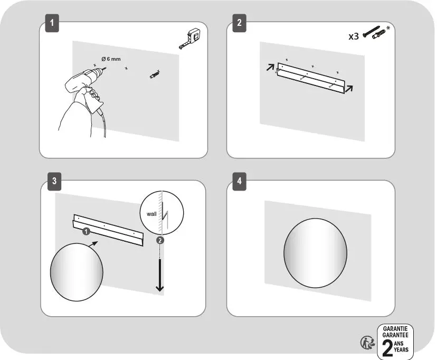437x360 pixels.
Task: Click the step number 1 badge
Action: click(x=52, y=23)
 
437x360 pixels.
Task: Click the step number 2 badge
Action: click(x=240, y=23)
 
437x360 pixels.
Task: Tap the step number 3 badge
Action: click(x=54, y=181)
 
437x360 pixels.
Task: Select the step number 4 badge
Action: click(x=240, y=181)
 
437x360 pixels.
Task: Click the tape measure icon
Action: click(x=190, y=38)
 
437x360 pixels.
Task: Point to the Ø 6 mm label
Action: click(x=111, y=59)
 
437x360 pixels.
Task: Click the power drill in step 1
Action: click(x=85, y=82)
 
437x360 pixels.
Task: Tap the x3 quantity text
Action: click(x=354, y=36)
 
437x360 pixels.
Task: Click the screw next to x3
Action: click(x=371, y=32)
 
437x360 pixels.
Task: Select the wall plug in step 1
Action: click(x=155, y=74)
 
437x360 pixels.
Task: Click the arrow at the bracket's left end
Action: click(x=270, y=67)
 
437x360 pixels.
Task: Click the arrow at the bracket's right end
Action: click(x=349, y=89)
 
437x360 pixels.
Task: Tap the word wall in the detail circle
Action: click(x=151, y=214)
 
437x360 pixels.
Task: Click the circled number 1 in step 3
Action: click(x=86, y=231)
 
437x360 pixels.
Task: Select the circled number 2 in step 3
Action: click(x=160, y=240)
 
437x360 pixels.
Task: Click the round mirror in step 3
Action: click(x=77, y=272)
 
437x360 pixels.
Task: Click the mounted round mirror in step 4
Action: click(x=315, y=253)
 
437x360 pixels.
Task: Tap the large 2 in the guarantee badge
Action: click(x=388, y=348)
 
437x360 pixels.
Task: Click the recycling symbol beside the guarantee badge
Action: click(x=368, y=343)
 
